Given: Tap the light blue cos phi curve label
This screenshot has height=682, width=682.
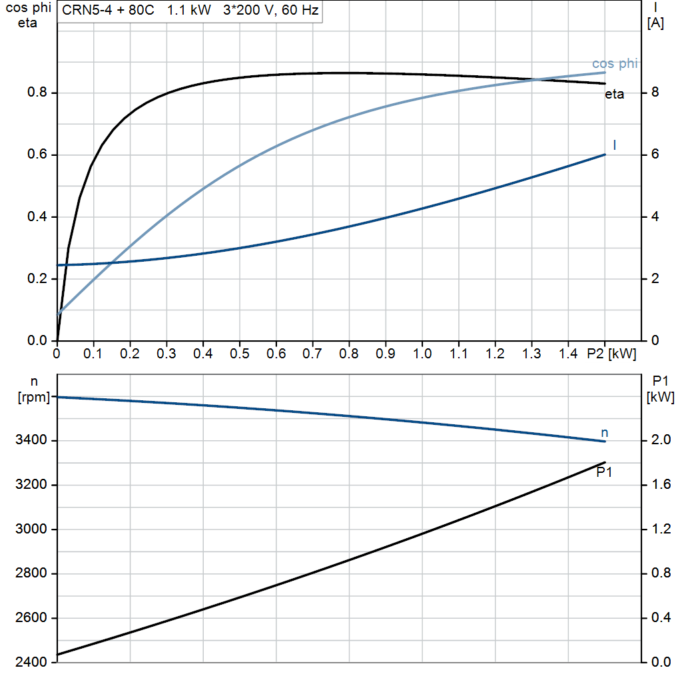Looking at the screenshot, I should [x=615, y=64].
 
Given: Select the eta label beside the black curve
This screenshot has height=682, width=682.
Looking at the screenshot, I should [x=614, y=95].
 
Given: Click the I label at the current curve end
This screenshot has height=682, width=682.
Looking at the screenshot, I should [x=614, y=145].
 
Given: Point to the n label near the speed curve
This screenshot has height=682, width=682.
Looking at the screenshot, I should [x=605, y=433].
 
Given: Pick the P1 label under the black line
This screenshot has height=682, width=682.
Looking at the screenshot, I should [x=604, y=473].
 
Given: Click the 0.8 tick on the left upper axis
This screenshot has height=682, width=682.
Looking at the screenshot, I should [x=37, y=93].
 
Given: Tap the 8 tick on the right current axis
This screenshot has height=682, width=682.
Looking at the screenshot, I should [x=655, y=93].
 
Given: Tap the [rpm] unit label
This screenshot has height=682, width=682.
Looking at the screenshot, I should [x=33, y=398].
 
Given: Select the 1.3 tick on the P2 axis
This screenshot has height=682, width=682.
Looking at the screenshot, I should [x=531, y=354].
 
